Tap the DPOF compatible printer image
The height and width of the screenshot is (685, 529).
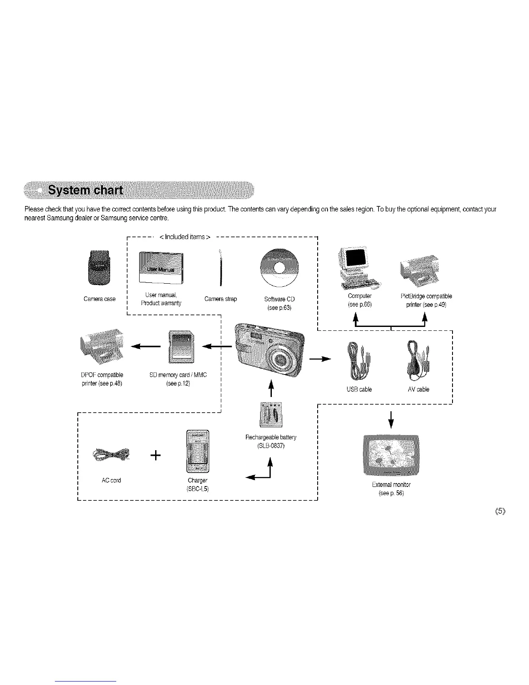pyautogui.click(x=100, y=346)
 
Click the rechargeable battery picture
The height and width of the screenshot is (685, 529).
pyautogui.click(x=271, y=414)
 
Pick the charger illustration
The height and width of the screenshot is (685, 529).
pyautogui.click(x=197, y=451)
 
